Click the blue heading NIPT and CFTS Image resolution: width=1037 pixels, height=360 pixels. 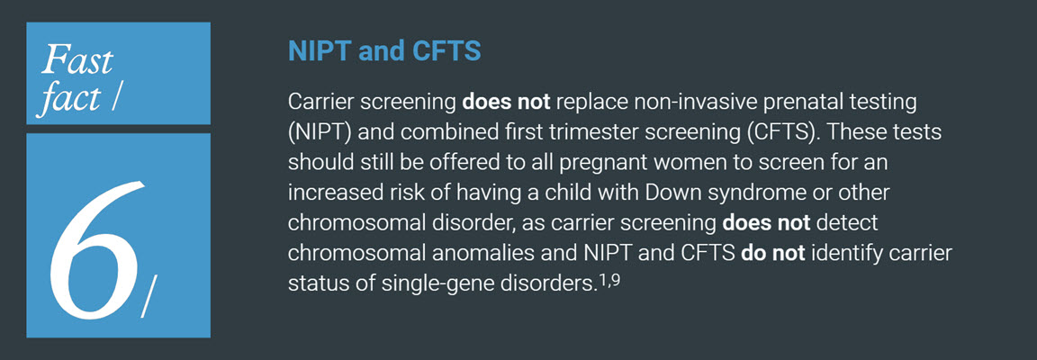(384, 50)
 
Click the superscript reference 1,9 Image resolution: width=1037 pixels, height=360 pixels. (609, 280)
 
